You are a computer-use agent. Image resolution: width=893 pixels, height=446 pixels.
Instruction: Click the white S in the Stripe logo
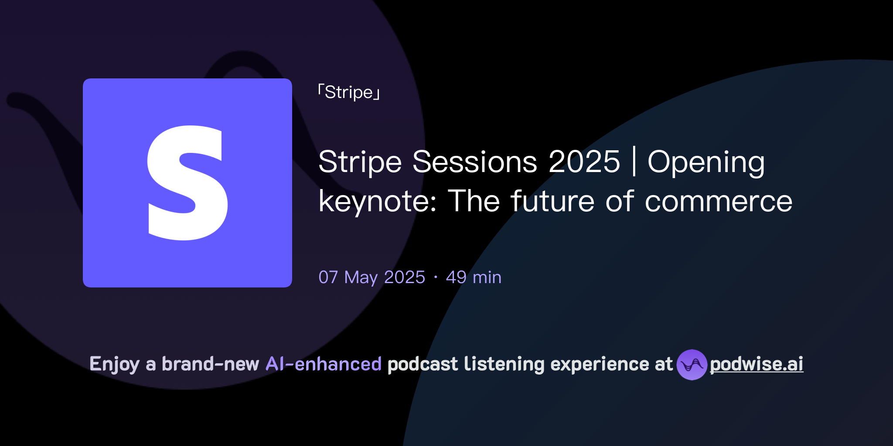(x=187, y=183)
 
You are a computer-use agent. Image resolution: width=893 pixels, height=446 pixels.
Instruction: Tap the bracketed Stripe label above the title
(x=349, y=92)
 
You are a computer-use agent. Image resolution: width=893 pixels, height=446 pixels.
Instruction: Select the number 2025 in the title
(x=584, y=162)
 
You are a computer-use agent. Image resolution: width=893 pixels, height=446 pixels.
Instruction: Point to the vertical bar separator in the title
(x=634, y=162)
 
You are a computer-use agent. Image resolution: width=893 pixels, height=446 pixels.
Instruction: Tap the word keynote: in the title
(x=378, y=202)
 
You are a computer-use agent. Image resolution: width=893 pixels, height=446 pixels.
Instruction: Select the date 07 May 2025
(x=372, y=277)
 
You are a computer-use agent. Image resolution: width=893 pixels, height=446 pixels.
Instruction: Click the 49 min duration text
(x=474, y=277)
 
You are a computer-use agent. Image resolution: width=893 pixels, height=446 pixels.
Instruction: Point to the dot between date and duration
(x=436, y=277)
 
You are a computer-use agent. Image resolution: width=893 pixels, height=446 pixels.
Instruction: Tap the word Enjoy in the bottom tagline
(x=114, y=364)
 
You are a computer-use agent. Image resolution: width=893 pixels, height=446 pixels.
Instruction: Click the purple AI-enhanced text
(x=324, y=364)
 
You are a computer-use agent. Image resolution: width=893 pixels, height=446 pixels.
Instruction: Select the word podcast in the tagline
(x=423, y=364)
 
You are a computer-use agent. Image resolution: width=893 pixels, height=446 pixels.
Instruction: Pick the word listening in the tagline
(x=504, y=364)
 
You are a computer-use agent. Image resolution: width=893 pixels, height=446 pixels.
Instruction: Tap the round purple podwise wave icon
(x=692, y=365)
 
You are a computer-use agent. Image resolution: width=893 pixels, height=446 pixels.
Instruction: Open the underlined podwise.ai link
(x=757, y=364)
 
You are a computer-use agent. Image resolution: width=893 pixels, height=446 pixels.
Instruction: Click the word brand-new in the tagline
(x=210, y=364)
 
